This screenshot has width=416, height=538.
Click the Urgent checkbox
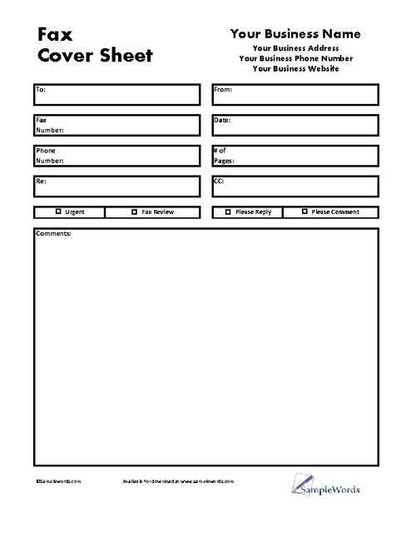[x=58, y=212]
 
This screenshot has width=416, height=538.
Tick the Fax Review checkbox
[x=135, y=212]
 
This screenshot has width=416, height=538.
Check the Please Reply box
[x=228, y=212]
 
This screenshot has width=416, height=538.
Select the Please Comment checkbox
[x=305, y=212]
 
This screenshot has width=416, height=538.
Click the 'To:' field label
[x=41, y=88]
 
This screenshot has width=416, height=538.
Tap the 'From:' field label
[x=223, y=88]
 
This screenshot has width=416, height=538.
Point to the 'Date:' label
[x=222, y=120]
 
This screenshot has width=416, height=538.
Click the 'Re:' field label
[x=40, y=181]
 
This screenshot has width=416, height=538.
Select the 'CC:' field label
[x=220, y=181]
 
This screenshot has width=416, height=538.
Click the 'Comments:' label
[x=53, y=233]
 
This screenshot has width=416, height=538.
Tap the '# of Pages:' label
[x=223, y=155]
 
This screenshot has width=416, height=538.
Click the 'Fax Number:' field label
[x=49, y=125]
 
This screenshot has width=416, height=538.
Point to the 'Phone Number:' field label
[x=49, y=155]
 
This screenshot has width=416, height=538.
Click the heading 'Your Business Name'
[x=295, y=34]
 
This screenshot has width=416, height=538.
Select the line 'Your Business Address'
[x=296, y=48]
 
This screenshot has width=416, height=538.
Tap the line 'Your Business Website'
[x=296, y=68]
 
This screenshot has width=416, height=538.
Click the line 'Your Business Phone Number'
[x=296, y=58]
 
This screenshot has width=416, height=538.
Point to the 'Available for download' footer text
[x=180, y=481]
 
